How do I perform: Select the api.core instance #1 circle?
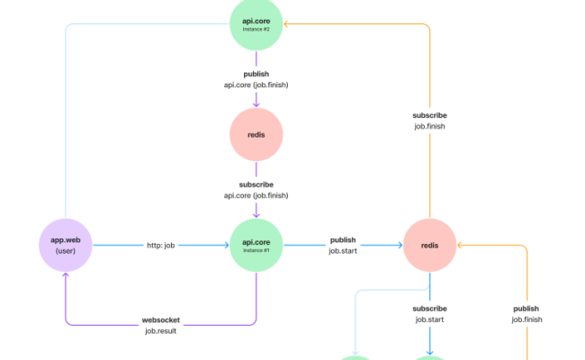pos(256,245)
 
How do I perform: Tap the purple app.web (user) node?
pos(66,245)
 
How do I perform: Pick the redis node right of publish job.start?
pos(429,245)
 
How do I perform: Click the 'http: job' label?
pos(162,245)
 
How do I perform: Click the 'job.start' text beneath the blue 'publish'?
pos(343,251)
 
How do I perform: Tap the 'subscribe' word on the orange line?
pos(429,115)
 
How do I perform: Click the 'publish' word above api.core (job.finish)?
pos(256,74)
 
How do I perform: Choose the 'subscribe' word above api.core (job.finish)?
pos(256,184)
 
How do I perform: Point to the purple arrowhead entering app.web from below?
pos(66,277)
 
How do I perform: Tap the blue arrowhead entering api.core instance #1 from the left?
pos(225,245)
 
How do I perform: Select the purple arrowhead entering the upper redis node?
pos(256,104)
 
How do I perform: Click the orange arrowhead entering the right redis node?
pos(461,245)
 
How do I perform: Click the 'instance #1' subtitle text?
pos(256,250)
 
